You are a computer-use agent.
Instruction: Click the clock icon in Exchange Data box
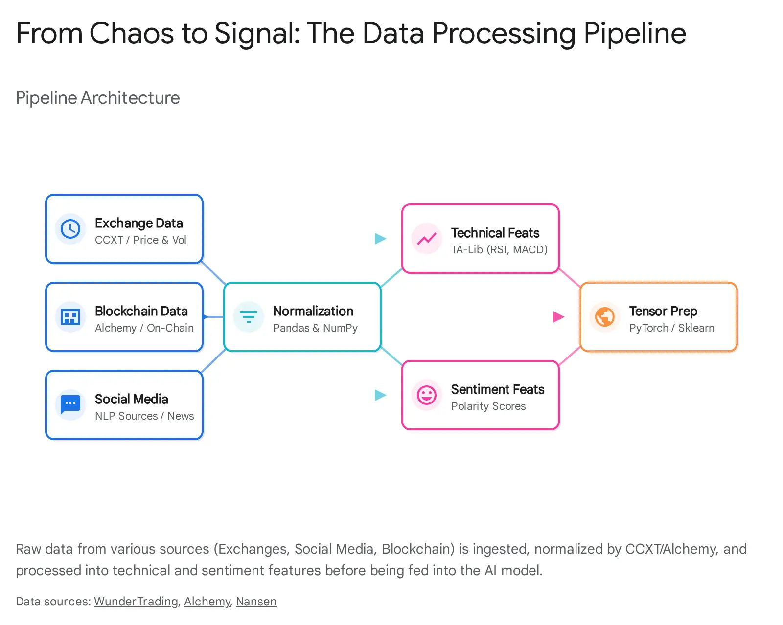[70, 229]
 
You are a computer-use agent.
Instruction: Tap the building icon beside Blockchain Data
[70, 317]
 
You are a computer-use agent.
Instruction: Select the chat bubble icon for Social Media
[70, 404]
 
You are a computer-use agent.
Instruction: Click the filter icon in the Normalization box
[249, 317]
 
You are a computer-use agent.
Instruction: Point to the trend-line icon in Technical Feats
[427, 239]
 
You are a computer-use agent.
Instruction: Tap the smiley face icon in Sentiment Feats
[427, 395]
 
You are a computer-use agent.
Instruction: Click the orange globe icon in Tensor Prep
[605, 317]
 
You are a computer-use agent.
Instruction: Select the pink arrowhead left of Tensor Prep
[558, 317]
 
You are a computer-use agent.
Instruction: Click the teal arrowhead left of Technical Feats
[380, 239]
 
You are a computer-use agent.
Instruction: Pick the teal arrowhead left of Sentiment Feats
[380, 395]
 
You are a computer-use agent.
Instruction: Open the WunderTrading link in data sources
[136, 601]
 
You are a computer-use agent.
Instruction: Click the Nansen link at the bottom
[256, 601]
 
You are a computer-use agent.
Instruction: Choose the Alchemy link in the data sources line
[207, 601]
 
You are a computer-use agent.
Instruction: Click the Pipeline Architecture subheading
[98, 98]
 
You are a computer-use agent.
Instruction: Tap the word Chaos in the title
[131, 33]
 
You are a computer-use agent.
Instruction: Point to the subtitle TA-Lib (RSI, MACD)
[499, 249]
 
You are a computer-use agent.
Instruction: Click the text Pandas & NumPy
[315, 328]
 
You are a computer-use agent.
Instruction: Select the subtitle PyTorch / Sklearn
[671, 328]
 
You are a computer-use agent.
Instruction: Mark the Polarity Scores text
[488, 406]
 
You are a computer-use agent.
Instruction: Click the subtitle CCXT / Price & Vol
[140, 240]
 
